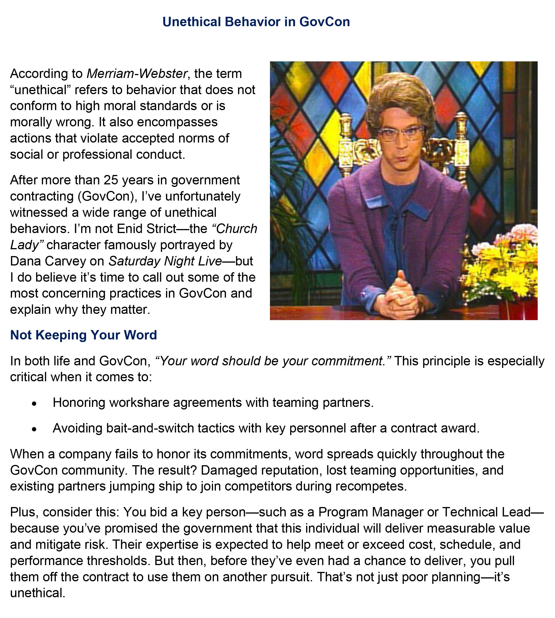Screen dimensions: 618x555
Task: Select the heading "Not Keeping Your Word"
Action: pyautogui.click(x=83, y=335)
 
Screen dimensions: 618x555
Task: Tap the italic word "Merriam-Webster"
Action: pyautogui.click(x=137, y=74)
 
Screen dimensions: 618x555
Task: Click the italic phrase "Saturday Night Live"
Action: pyautogui.click(x=165, y=261)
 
